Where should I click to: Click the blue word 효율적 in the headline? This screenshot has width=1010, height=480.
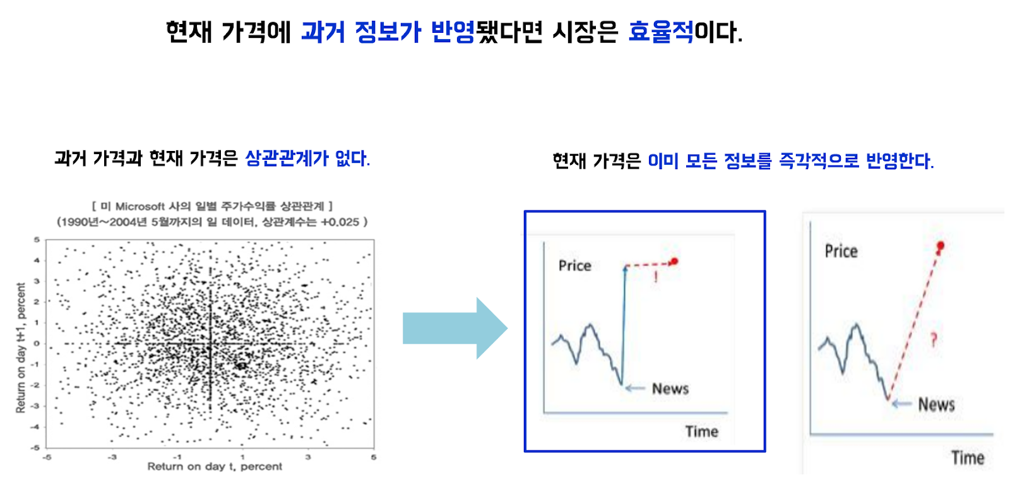pos(661,32)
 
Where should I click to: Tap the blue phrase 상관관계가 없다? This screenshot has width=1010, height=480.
pos(307,159)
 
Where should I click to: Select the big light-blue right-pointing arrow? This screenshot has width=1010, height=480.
pos(455,328)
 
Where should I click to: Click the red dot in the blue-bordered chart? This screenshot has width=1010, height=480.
pos(674,261)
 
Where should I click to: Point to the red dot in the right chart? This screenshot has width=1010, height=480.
pos(940,246)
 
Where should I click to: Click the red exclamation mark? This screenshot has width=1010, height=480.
pos(656,277)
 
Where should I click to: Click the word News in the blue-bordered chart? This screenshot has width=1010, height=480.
pos(670,388)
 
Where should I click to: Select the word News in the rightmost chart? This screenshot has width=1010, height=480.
pos(937,404)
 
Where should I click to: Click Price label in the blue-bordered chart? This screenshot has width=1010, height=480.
pos(575,265)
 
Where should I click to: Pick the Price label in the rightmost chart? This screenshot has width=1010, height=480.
pos(841,251)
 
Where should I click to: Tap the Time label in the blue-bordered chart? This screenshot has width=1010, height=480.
pos(701,432)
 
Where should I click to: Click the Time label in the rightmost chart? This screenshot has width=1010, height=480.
pos(968,458)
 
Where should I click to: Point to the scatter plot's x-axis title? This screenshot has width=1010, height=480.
pos(215,467)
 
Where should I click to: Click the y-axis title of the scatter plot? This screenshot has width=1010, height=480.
pos(21,348)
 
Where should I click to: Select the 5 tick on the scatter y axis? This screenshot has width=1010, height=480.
pos(37,239)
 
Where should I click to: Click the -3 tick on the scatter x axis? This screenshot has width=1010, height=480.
pos(112,457)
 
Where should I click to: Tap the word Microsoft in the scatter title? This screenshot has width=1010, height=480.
pos(140,206)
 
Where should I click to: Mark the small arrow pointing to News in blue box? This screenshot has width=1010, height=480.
pos(636,388)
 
